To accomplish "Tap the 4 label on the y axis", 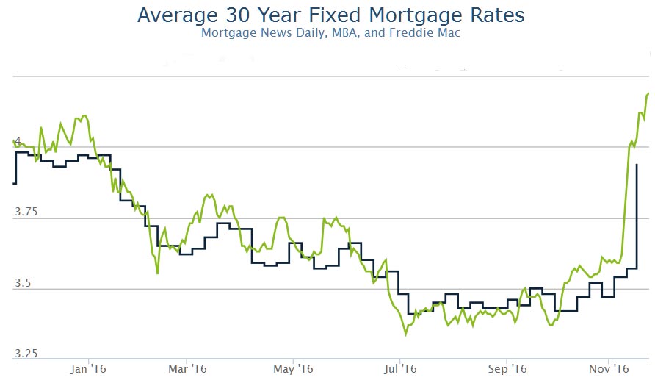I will [x=18, y=140].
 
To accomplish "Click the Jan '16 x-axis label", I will [x=87, y=368].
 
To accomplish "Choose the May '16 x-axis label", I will [x=292, y=368].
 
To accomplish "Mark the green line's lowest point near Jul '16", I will [x=406, y=335].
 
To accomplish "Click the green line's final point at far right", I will [x=648, y=93].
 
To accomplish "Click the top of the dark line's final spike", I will [x=637, y=165].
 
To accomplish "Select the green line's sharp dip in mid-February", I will [x=157, y=273].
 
